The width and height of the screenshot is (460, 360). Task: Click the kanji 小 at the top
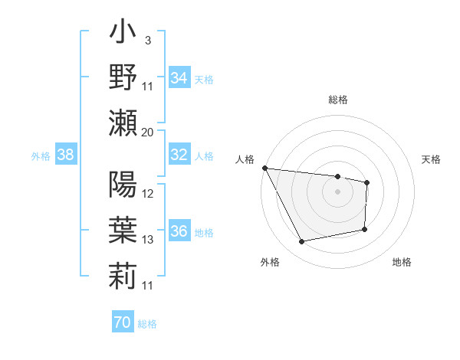123,36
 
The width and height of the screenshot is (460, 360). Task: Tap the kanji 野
123,77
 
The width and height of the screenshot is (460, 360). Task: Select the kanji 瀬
123,123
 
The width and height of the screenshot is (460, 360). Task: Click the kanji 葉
123,230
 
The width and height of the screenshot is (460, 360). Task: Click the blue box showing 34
179,77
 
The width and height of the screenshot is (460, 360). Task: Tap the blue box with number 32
179,155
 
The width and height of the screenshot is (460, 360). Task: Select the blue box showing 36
179,231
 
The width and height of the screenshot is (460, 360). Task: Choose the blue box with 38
66,155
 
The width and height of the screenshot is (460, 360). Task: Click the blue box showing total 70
122,322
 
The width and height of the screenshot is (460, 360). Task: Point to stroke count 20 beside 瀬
148,132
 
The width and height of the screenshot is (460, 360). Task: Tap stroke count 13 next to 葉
148,240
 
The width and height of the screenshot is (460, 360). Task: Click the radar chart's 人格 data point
264,168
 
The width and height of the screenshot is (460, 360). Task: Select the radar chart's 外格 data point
302,242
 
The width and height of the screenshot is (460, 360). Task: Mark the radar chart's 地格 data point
364,229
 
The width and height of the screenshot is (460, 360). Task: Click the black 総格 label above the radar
338,100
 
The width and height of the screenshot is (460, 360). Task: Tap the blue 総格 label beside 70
147,324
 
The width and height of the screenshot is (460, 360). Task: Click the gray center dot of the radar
338,191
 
